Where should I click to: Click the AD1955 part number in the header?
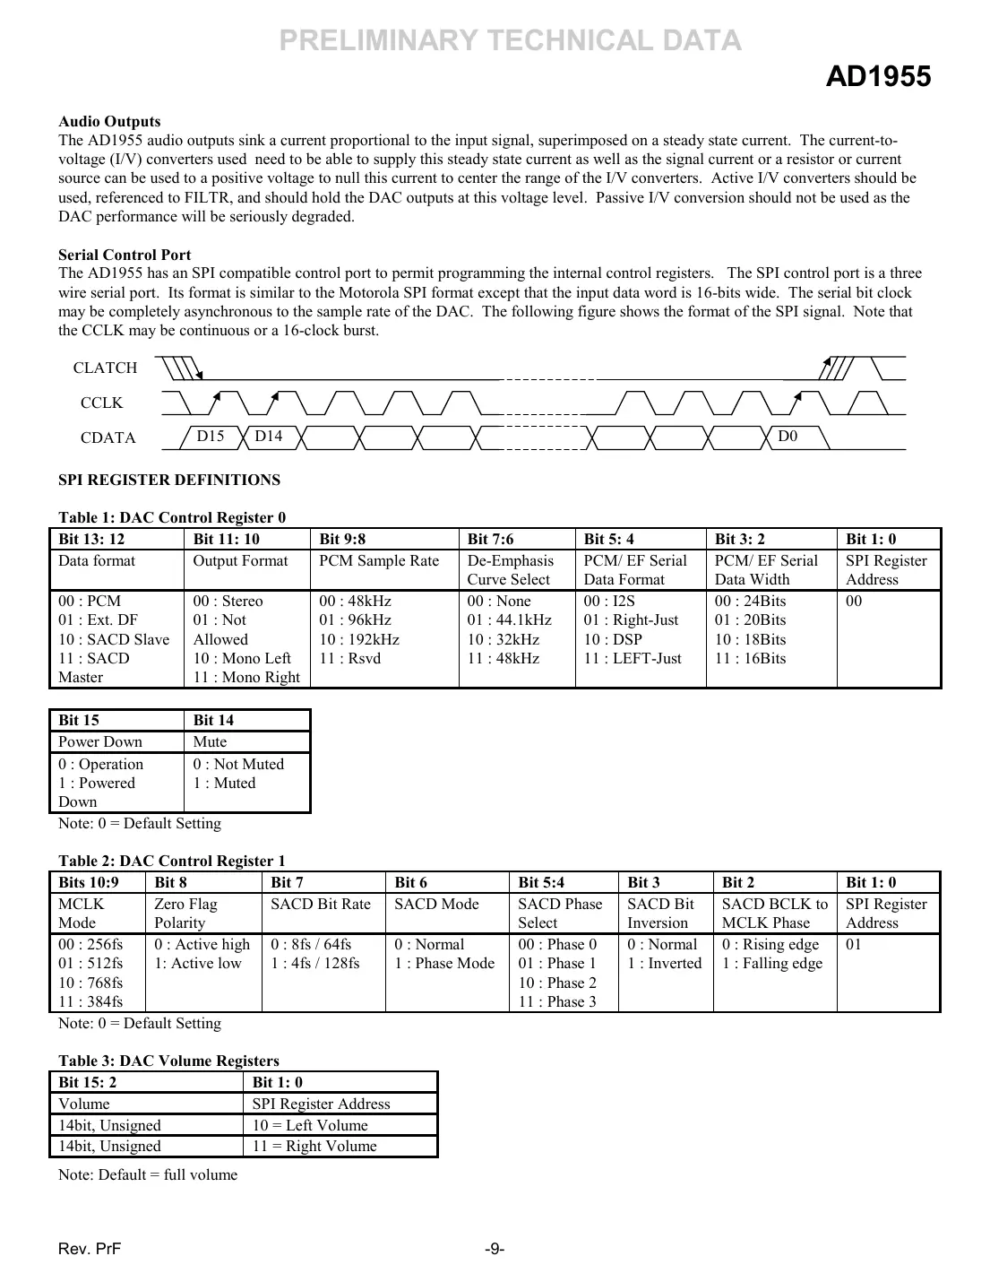coord(877,77)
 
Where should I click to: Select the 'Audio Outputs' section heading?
coord(109,121)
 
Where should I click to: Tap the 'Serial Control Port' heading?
coord(125,255)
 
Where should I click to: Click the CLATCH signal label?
coord(105,368)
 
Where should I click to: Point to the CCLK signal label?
coord(101,403)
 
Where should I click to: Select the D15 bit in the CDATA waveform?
coord(211,436)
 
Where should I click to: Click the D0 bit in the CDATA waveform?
coord(787,436)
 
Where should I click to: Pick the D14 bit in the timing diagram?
coord(268,436)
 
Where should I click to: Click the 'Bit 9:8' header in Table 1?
coord(342,539)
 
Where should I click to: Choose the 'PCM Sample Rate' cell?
coord(379,561)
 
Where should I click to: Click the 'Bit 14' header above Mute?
coord(213,720)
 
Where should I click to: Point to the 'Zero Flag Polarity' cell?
coord(185,914)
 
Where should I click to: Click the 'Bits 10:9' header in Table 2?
coord(88,882)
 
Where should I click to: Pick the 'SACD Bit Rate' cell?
coord(320,904)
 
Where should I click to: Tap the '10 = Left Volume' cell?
coord(308,1125)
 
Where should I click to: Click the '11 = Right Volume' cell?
coord(314,1146)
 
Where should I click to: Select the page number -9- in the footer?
coord(495,1249)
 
